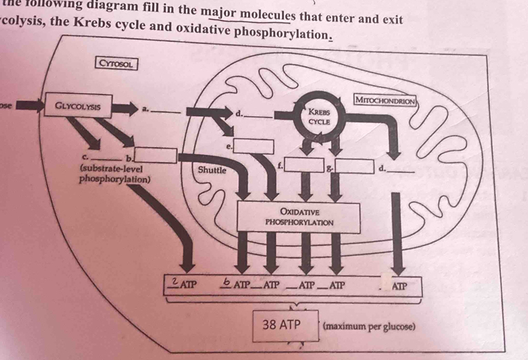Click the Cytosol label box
(x=117, y=64)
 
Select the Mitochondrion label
(x=384, y=100)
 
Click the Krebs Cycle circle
(x=319, y=115)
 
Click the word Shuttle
(x=211, y=169)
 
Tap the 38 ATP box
(x=281, y=323)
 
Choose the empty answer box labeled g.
(x=354, y=166)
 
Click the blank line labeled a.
(x=165, y=112)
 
